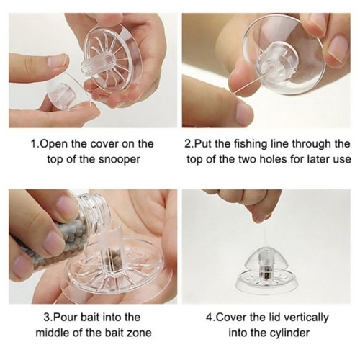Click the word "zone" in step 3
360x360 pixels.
tap(140, 333)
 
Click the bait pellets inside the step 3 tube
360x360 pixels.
tap(110, 260)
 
